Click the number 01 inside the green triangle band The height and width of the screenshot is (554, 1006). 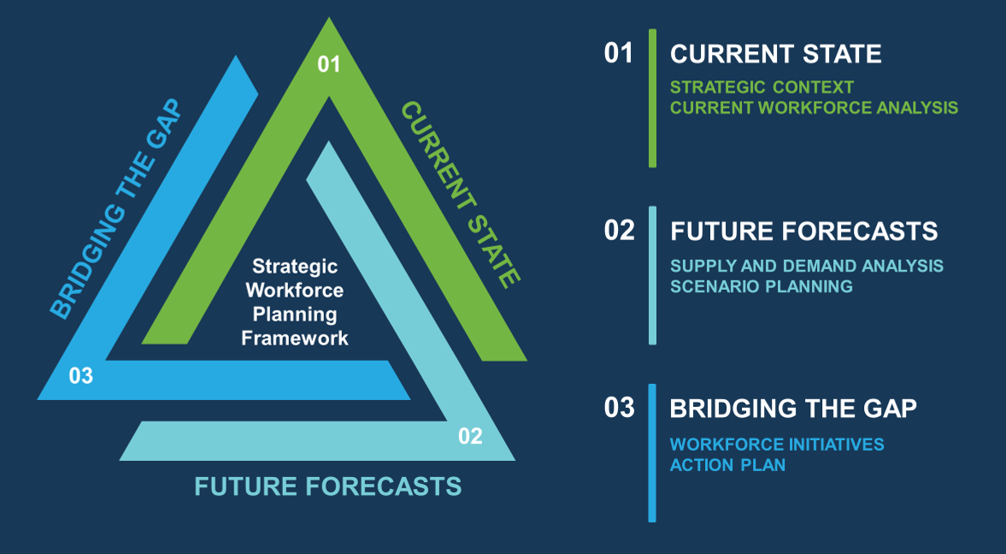coord(328,63)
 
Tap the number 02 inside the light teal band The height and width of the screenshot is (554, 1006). coord(470,436)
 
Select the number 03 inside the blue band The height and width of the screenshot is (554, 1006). coord(81,375)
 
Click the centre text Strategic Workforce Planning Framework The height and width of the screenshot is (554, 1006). coord(295,302)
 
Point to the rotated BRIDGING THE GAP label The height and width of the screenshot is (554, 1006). coord(116,209)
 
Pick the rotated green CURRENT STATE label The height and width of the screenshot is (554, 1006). coord(460,195)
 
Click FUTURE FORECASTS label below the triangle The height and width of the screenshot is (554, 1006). coord(328,486)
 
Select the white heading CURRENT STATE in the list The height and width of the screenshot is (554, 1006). coord(776,54)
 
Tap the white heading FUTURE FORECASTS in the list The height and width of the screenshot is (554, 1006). coord(804,231)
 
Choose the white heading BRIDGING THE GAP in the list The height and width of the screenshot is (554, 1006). coord(793,409)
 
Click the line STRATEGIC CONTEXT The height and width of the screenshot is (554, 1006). coord(762,86)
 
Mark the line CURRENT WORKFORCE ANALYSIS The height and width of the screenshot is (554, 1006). coord(815,107)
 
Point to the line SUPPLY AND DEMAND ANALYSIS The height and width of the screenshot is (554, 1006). coord(807,265)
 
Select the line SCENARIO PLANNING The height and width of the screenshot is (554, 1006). coord(762,286)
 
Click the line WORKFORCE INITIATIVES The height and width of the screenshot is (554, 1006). coord(777,444)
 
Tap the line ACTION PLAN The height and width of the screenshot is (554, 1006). coord(727,464)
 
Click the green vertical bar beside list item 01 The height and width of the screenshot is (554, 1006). coord(652,98)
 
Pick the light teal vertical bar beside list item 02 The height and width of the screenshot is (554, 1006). coord(652,275)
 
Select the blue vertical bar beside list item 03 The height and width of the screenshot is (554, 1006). coord(652,453)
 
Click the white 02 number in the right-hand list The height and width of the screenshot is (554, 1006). coord(619,231)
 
